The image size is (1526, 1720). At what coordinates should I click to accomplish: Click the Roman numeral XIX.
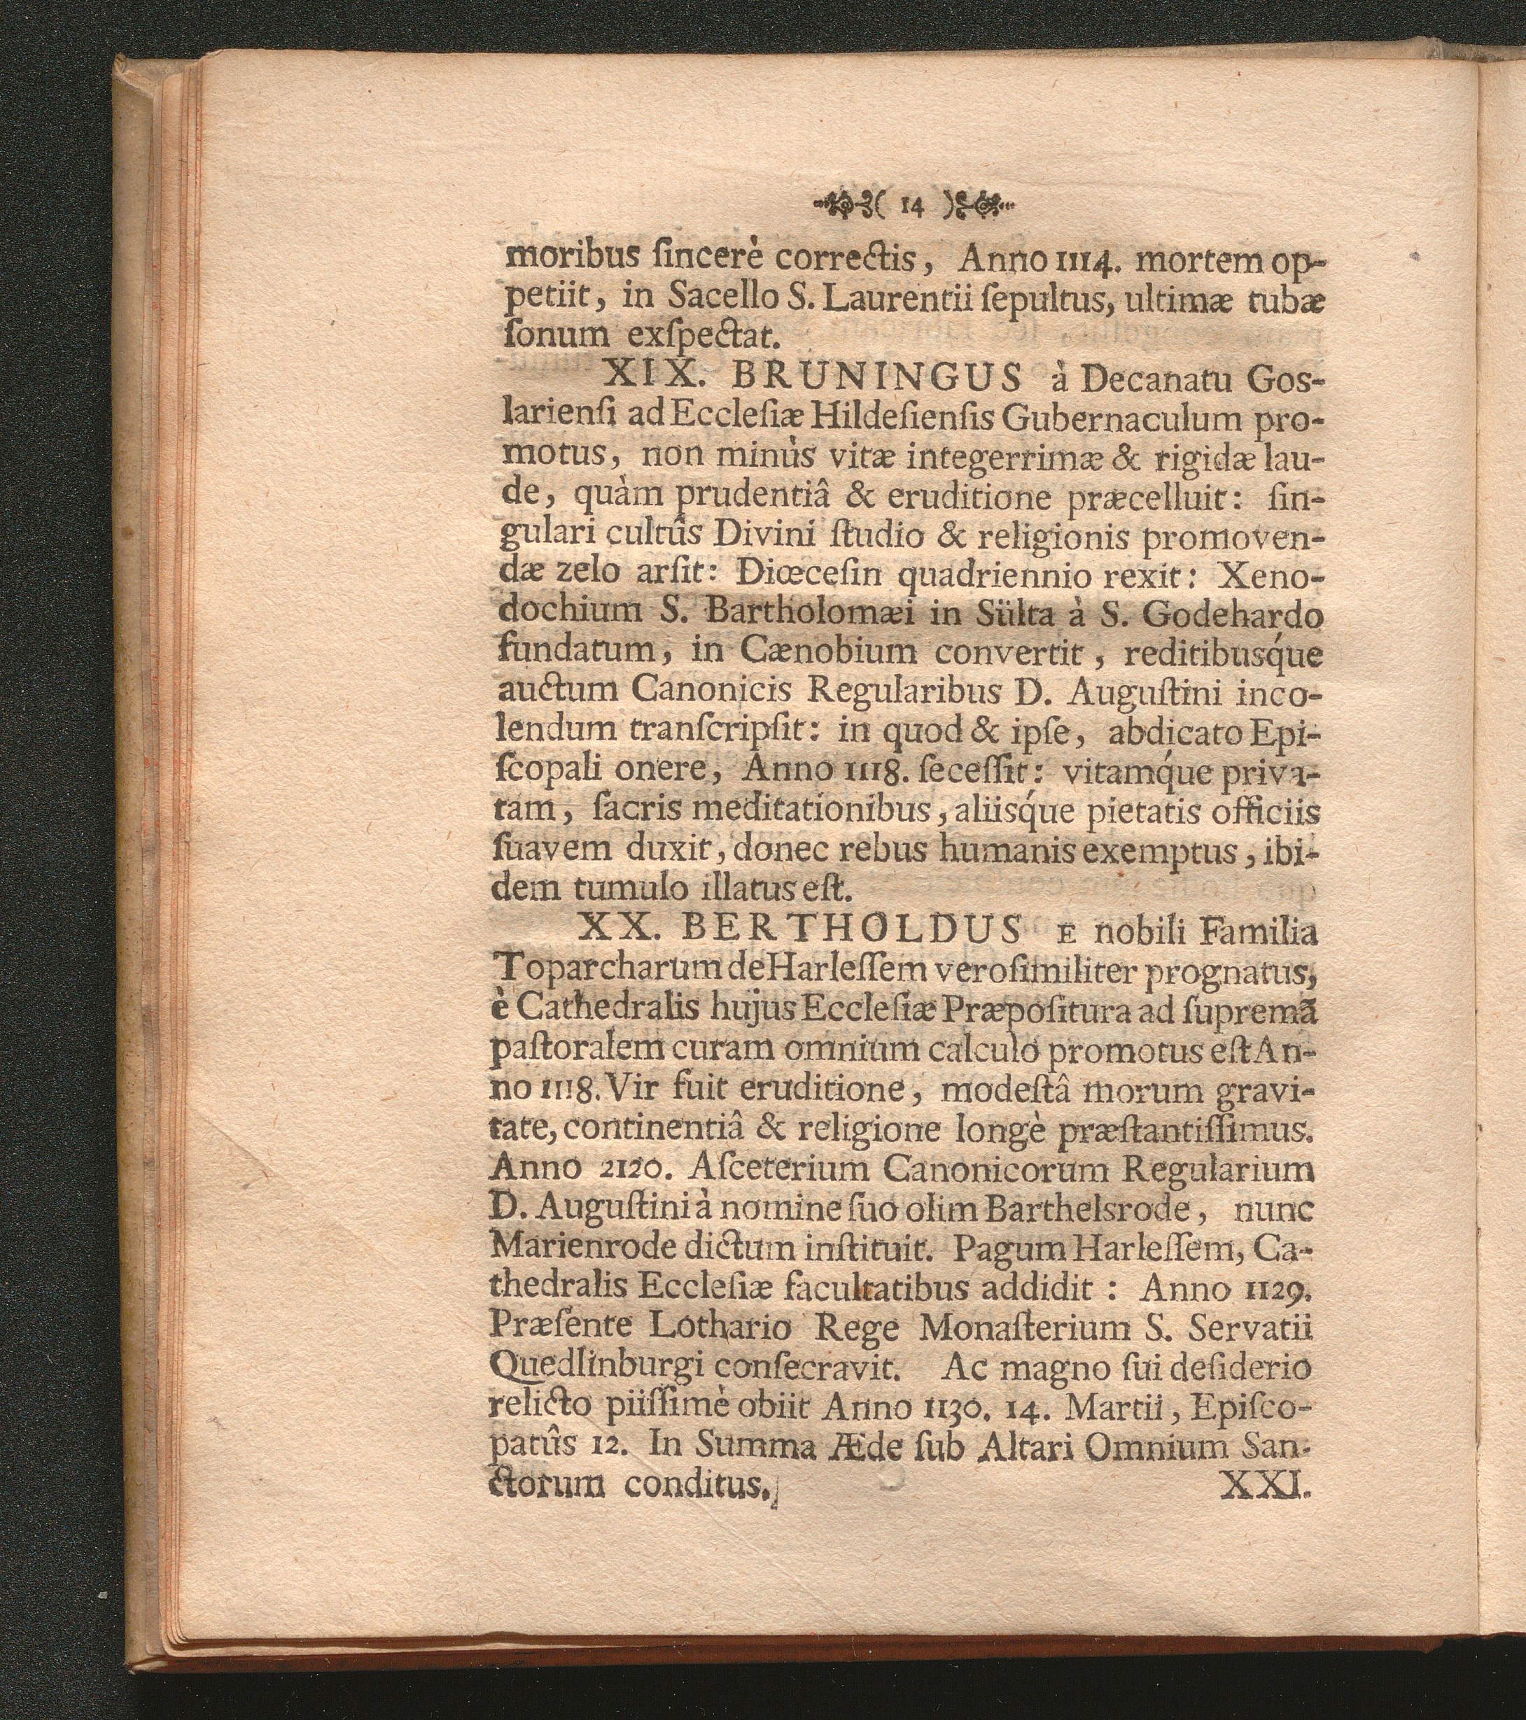[642, 382]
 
